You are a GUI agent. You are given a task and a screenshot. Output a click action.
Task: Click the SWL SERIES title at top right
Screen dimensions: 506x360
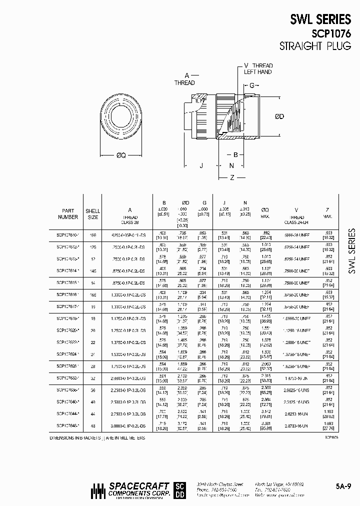320,19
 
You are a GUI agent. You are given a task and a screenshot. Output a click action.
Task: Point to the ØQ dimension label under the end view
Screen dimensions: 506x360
121,155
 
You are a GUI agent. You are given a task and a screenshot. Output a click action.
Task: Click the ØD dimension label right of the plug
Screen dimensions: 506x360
279,116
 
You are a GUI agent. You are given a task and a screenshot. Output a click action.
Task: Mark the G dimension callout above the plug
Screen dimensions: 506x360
252,85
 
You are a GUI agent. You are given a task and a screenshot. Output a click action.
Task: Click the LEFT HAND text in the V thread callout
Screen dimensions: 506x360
257,72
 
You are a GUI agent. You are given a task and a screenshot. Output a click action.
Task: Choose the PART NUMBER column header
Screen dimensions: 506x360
68,214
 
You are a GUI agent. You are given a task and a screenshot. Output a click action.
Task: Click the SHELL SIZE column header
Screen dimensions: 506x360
93,214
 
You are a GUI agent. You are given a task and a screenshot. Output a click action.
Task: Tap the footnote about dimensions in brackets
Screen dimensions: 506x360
98,436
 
